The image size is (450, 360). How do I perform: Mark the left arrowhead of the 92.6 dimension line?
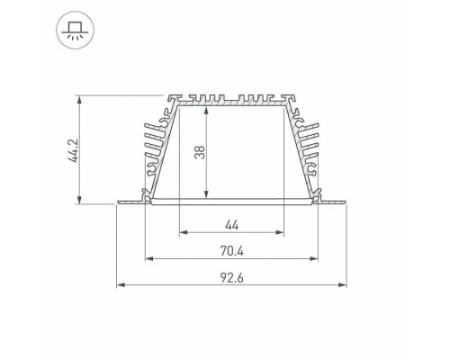pyautogui.click(x=119, y=286)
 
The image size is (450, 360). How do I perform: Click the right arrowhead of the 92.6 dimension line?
pyautogui.click(x=343, y=286)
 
